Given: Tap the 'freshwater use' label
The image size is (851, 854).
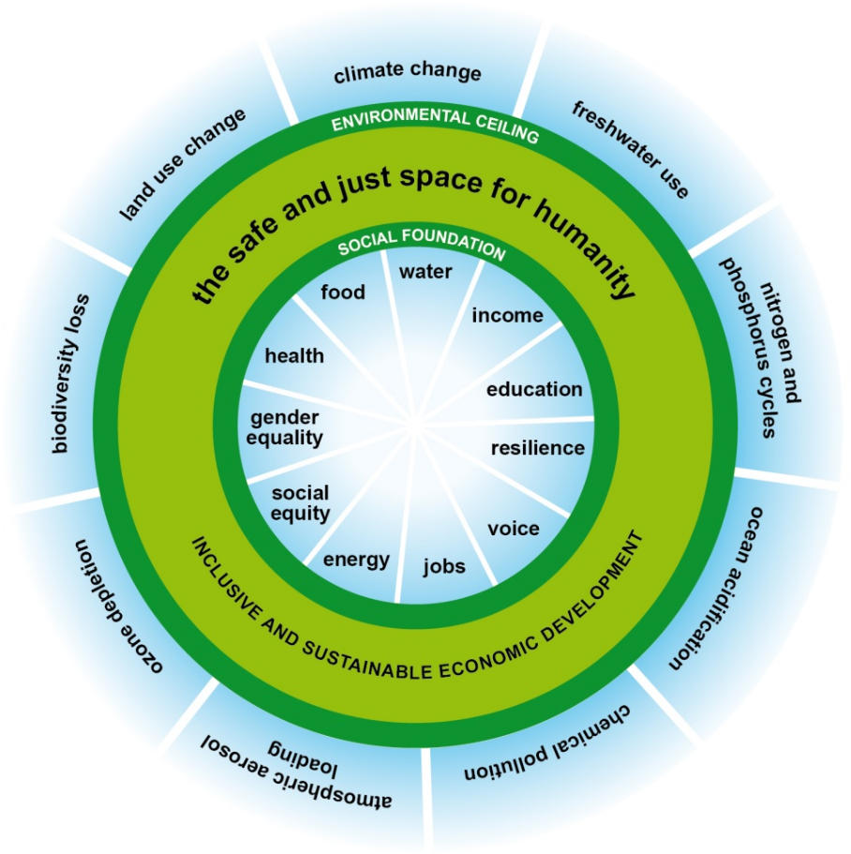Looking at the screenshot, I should tap(630, 149).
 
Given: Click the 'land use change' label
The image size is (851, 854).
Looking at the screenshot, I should tap(184, 164).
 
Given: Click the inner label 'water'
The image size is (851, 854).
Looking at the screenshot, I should tap(425, 272).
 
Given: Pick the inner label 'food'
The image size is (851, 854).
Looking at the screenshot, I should tap(343, 292).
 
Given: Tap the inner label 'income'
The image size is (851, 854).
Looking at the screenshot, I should tap(507, 315).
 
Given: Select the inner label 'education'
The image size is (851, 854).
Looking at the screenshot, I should tap(534, 389).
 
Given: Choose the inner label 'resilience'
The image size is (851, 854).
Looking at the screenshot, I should tap(538, 448).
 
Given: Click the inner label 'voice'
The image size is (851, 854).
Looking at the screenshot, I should tap(514, 529).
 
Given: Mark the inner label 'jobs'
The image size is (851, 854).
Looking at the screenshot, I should tap(444, 566).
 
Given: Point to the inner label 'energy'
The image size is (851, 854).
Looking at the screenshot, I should tap(356, 561).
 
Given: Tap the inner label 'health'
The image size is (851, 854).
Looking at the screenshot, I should tap(294, 356).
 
